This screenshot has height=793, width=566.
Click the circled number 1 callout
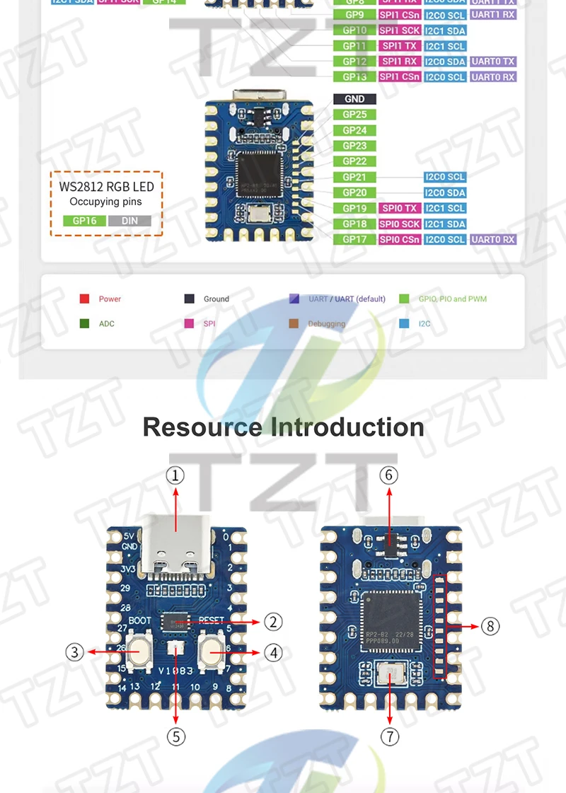(x=175, y=475)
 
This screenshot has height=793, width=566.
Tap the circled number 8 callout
(x=490, y=626)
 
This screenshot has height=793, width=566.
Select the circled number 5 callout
(x=176, y=736)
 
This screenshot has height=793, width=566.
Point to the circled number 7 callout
(x=390, y=736)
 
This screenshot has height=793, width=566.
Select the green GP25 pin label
(x=354, y=115)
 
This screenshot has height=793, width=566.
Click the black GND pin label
(x=354, y=99)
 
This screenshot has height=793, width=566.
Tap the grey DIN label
(x=129, y=221)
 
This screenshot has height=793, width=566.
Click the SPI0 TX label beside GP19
(x=400, y=208)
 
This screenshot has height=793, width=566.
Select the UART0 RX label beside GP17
(x=493, y=239)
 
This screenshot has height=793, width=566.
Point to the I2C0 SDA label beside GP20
(x=445, y=192)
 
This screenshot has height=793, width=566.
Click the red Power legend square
(x=84, y=299)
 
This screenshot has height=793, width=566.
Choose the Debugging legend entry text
(x=326, y=324)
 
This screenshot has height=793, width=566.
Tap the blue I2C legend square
(x=404, y=324)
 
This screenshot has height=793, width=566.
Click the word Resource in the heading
(x=202, y=427)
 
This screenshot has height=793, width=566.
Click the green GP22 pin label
(x=354, y=161)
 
